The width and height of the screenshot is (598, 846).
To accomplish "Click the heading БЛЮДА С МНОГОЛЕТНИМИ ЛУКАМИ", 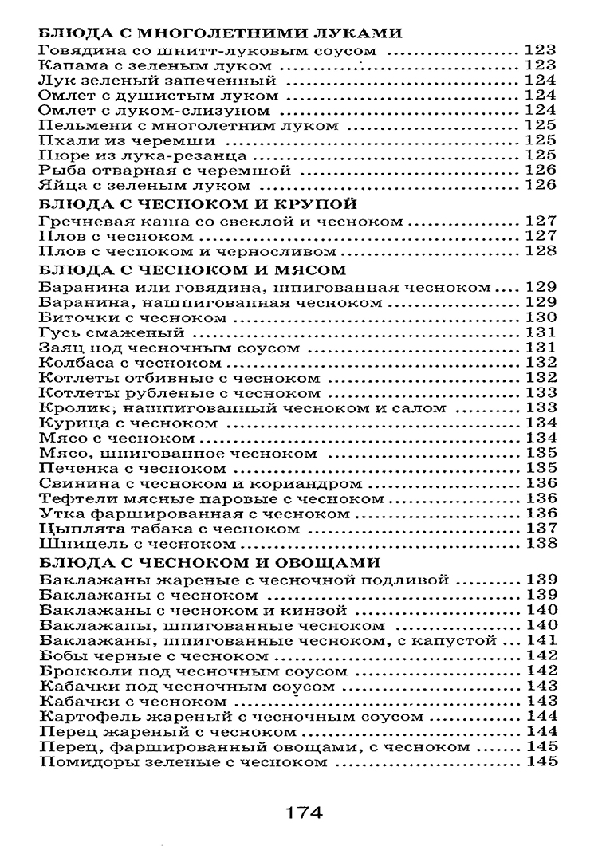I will click(218, 33).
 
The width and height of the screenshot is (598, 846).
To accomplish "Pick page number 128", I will click(540, 251).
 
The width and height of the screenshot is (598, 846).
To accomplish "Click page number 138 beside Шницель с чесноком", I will click(540, 545).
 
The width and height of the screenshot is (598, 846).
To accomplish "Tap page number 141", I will click(540, 640).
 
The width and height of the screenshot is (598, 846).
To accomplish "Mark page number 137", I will click(540, 529).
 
